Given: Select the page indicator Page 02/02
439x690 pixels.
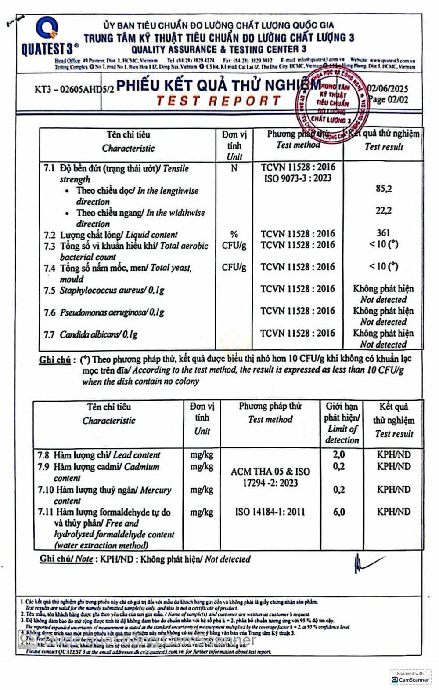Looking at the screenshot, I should pyautogui.click(x=388, y=100).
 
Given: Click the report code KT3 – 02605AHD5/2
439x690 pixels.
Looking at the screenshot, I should pyautogui.click(x=74, y=89).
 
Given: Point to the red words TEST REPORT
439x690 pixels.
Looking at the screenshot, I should pyautogui.click(x=218, y=101).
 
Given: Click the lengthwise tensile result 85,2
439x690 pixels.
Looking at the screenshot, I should pyautogui.click(x=383, y=189).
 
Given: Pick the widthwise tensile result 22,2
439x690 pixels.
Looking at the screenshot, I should pyautogui.click(x=383, y=211).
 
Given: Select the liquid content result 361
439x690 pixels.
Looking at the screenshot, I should pyautogui.click(x=383, y=233).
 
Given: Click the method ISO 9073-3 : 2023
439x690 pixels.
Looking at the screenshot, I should pyautogui.click(x=298, y=178).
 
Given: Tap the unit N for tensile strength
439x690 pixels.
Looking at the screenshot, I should pyautogui.click(x=234, y=168).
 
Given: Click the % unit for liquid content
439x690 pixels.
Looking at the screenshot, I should pyautogui.click(x=234, y=234).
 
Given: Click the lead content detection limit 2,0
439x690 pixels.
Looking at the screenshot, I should pyautogui.click(x=339, y=455).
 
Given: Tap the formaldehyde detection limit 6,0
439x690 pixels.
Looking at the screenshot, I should pyautogui.click(x=339, y=512).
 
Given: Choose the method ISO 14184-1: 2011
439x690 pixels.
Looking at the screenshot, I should pyautogui.click(x=270, y=512).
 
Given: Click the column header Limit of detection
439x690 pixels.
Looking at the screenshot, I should pyautogui.click(x=342, y=434).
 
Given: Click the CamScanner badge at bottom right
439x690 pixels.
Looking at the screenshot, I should pyautogui.click(x=410, y=677).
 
